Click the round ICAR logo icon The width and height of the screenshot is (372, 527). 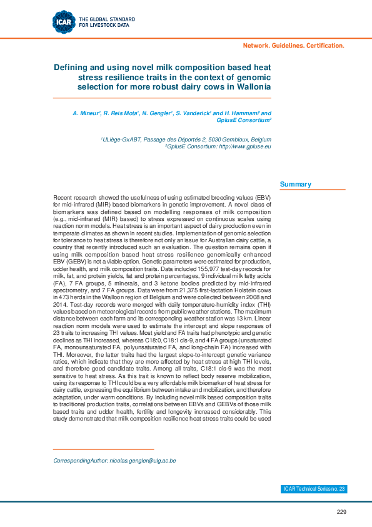click(x=64, y=22)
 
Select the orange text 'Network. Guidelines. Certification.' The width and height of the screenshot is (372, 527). click(x=293, y=46)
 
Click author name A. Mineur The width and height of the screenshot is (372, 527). click(x=86, y=113)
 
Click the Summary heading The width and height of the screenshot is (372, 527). click(x=296, y=184)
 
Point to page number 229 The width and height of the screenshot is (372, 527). click(x=341, y=512)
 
